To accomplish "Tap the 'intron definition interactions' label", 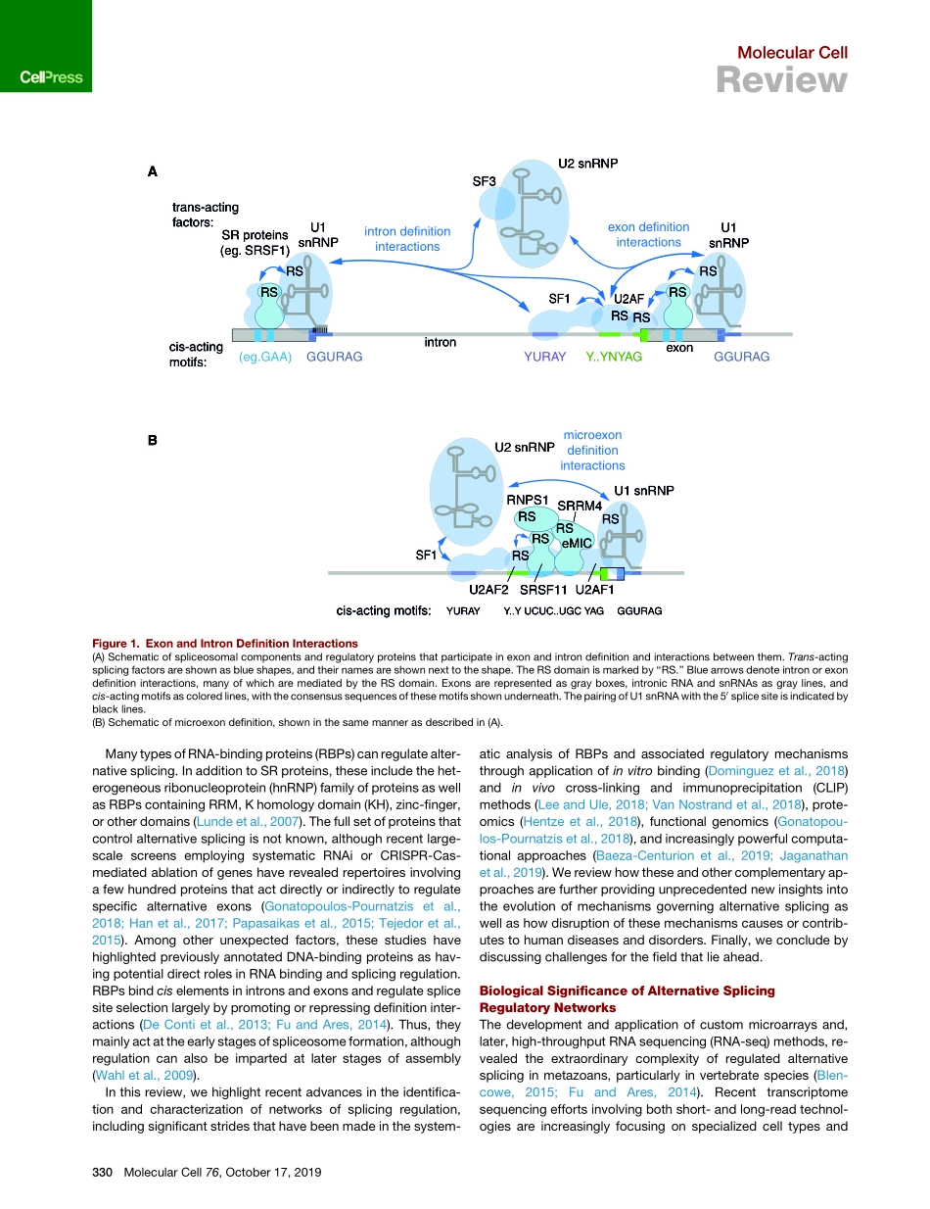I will click(x=407, y=239).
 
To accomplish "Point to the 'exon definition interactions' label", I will click(x=648, y=234).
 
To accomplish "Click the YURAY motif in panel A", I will click(x=545, y=358).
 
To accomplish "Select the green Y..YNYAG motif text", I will click(x=613, y=358).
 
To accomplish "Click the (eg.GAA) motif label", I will click(x=265, y=358).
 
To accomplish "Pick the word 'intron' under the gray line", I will click(x=440, y=343).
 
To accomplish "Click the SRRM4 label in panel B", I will click(x=579, y=505).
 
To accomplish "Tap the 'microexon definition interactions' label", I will click(x=592, y=450).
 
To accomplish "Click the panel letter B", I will click(x=153, y=441).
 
